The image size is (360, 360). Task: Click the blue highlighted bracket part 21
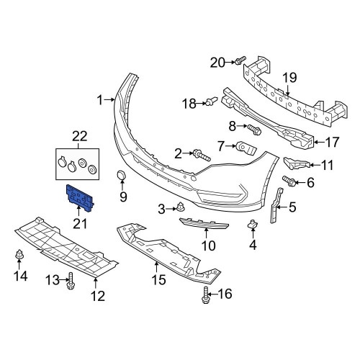79,198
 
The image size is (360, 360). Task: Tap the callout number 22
80,137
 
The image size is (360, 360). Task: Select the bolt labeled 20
240,60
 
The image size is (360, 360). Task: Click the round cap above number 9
122,175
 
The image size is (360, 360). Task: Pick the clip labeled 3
180,207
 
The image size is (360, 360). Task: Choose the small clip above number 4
253,224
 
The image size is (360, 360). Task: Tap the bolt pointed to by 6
289,181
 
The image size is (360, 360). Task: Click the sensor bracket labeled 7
246,148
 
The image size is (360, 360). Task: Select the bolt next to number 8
254,130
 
